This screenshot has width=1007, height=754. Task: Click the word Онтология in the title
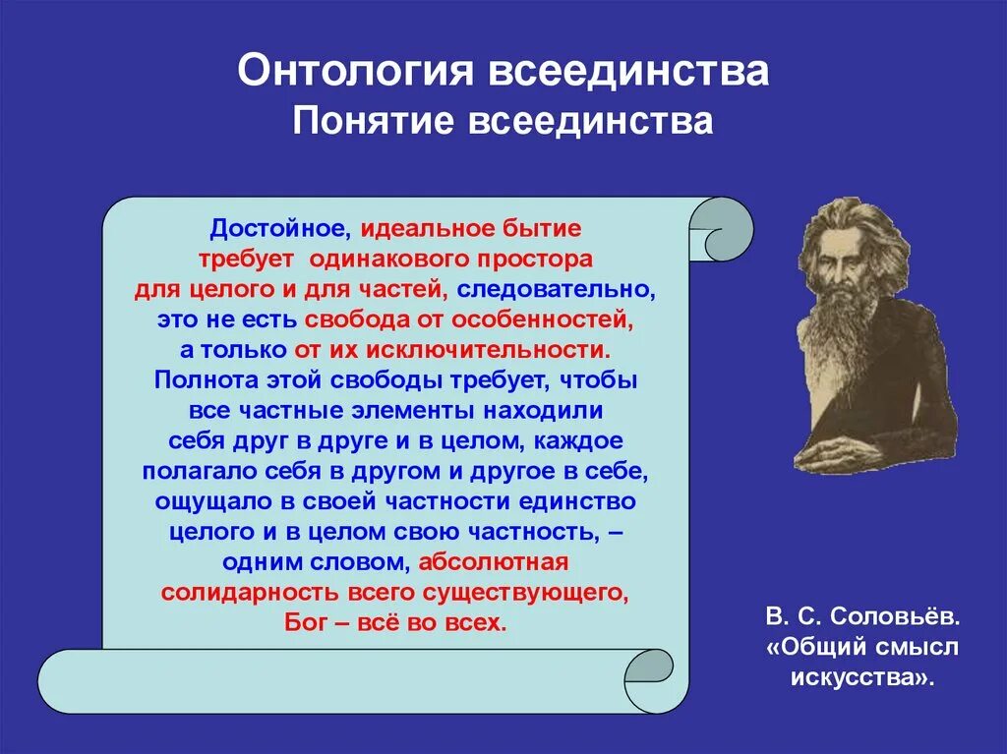[355, 71]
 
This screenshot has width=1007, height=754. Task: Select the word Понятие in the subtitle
[373, 121]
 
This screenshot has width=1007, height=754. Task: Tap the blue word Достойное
[280, 229]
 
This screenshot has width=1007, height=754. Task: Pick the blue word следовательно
[557, 290]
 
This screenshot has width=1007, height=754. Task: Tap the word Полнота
[207, 380]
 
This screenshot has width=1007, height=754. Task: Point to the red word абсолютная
[494, 562]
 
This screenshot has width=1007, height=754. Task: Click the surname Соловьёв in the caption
[896, 617]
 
